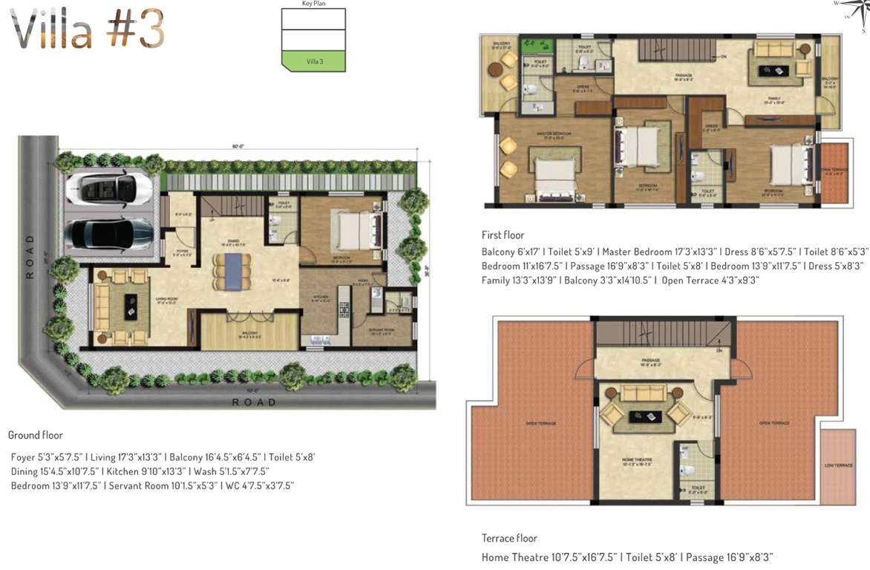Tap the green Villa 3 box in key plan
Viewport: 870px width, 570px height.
[x=314, y=62]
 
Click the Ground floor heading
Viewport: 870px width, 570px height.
[x=35, y=435]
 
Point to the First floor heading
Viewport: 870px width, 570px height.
[x=503, y=235]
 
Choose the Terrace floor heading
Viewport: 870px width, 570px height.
[x=509, y=538]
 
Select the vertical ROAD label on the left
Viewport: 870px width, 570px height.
[x=30, y=257]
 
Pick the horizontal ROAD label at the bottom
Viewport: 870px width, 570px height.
[x=254, y=402]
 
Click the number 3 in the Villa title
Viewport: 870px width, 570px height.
[x=148, y=31]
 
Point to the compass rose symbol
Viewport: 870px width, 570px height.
[x=848, y=13]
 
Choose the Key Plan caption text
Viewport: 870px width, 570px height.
[x=313, y=4]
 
